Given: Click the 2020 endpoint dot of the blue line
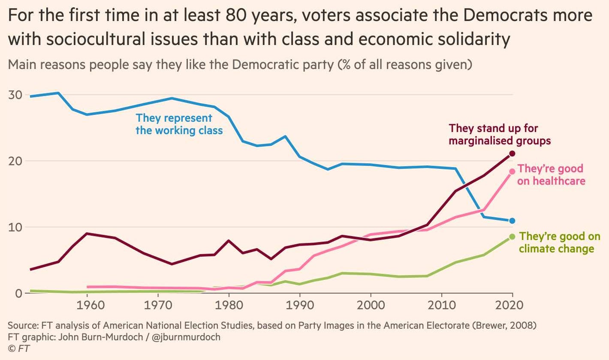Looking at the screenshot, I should [512, 221].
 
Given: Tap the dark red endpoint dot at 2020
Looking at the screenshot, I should [512, 153].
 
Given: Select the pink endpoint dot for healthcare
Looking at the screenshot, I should [512, 171].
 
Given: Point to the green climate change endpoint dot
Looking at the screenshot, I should [512, 237].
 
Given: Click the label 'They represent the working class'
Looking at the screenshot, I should [179, 124].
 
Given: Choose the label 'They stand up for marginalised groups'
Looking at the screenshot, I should [500, 134].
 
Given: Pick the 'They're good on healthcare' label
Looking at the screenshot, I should [551, 174].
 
